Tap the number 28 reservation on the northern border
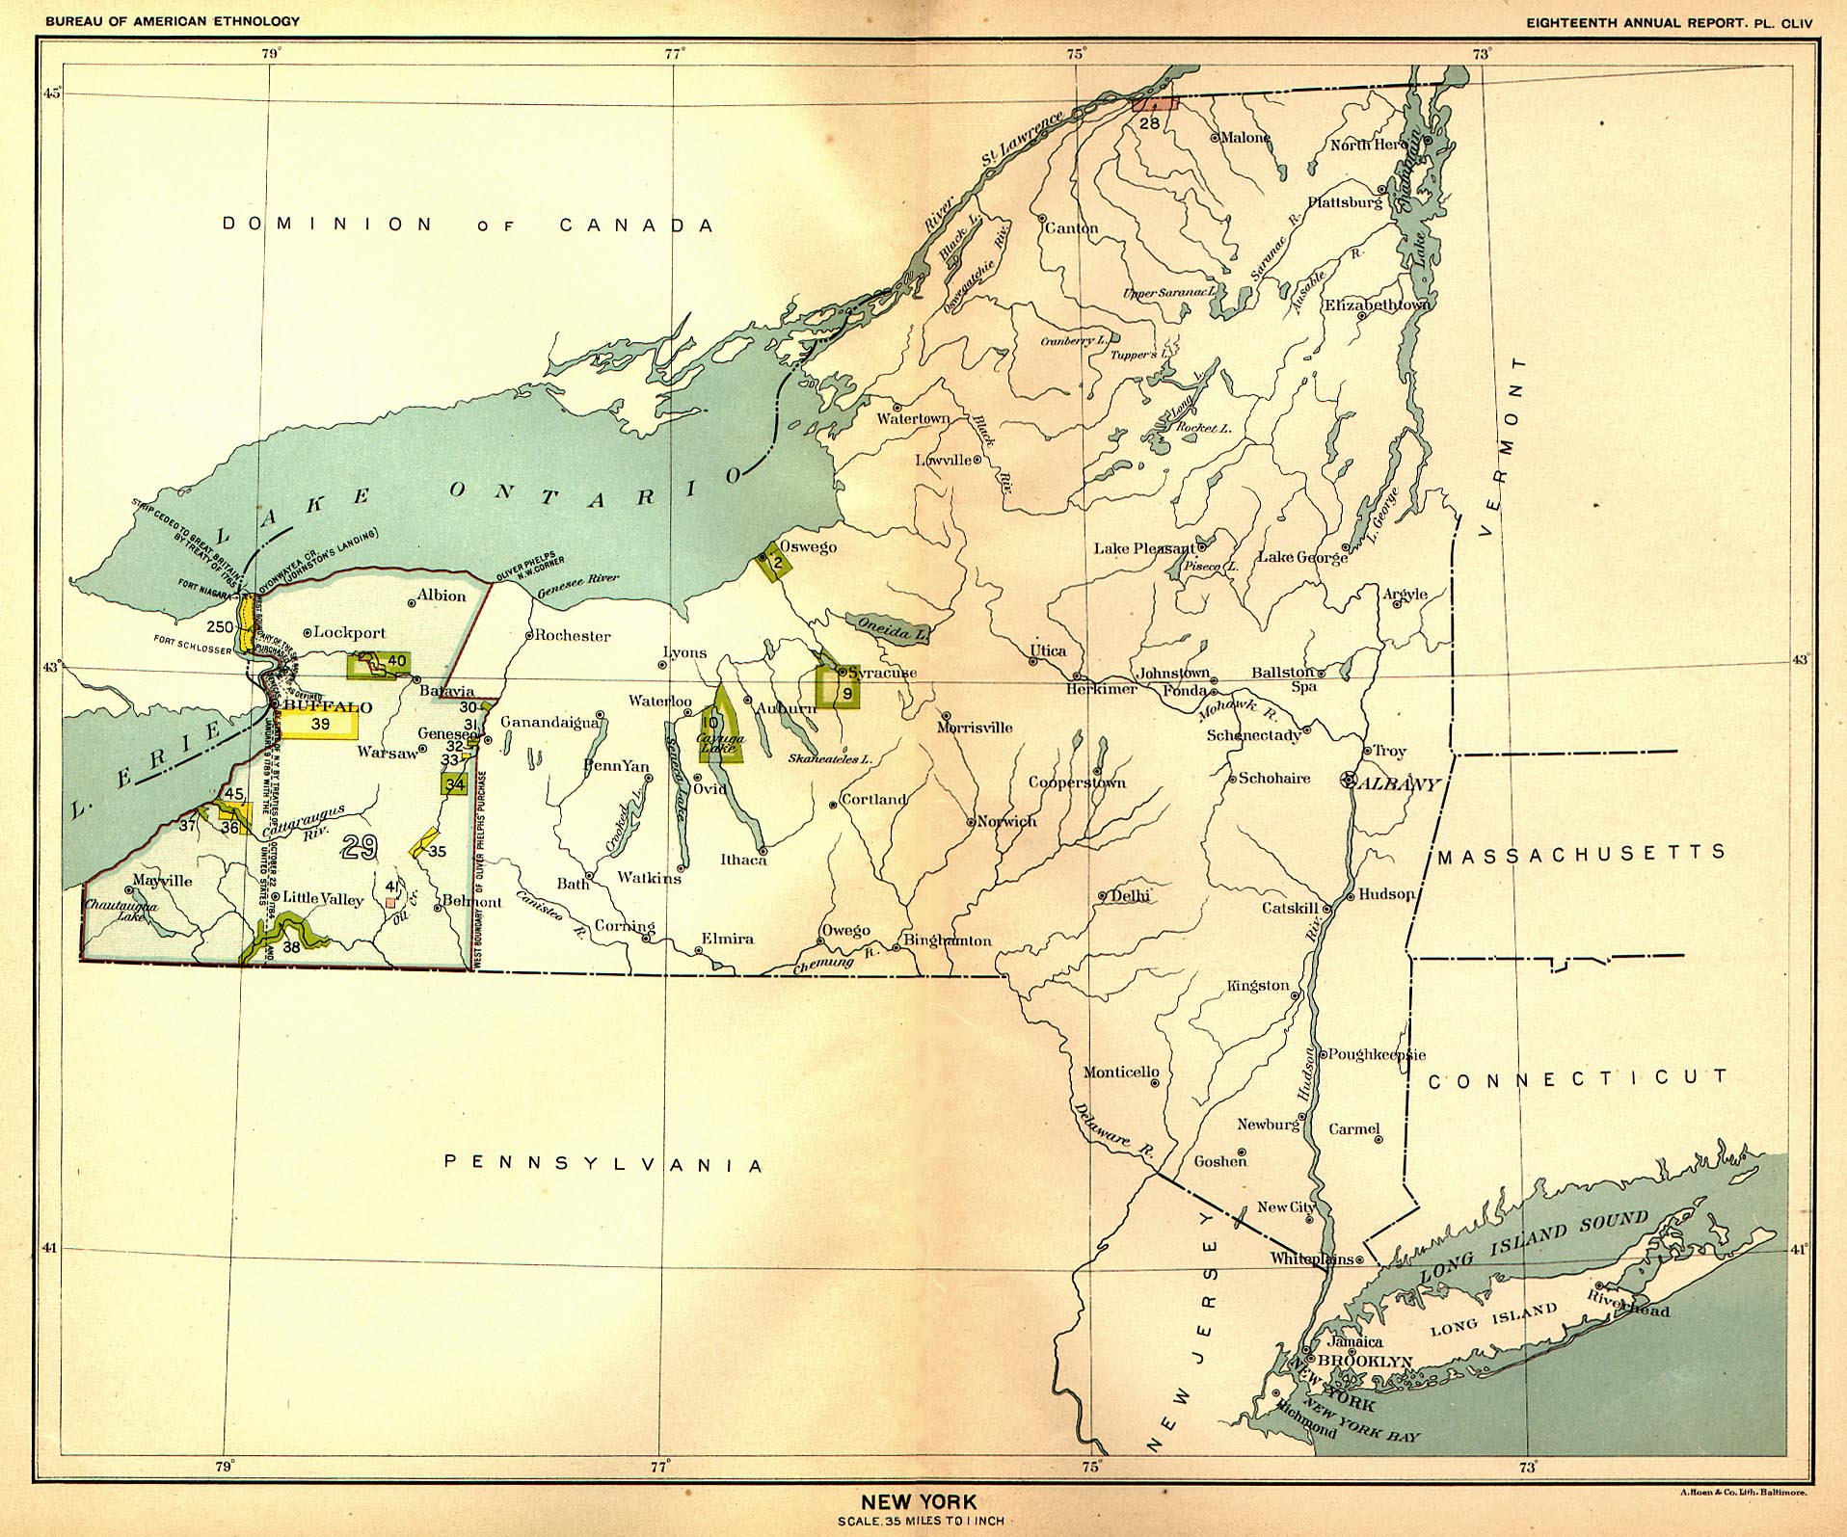[x=1149, y=122]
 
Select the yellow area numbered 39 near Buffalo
[x=320, y=723]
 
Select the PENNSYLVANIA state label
[x=603, y=1164]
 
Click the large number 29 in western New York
[x=359, y=846]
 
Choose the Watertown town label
[x=912, y=418]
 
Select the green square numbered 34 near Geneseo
[x=455, y=783]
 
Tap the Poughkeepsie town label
[x=1377, y=1054]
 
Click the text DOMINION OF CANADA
[x=468, y=225]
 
